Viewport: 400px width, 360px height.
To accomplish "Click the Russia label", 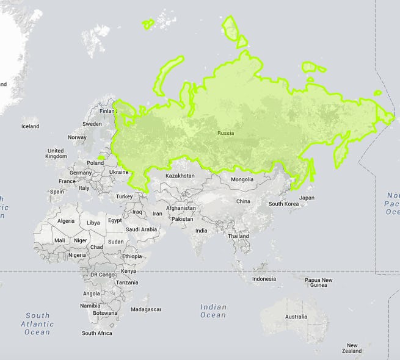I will coord(225,133).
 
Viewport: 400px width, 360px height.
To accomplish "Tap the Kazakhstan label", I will coord(180,176).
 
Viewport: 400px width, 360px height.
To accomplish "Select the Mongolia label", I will coord(242,179).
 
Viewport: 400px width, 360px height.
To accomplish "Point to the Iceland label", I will coord(30,127).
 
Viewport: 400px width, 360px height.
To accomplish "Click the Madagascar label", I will coord(146,309).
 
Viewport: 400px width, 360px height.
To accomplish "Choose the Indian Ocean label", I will coord(213,311).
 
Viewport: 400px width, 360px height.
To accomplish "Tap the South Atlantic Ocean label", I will coord(37,324).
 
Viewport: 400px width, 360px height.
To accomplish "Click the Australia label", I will coord(296,317).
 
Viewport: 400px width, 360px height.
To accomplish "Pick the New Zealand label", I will coord(352,348).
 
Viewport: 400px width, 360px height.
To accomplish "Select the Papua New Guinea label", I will coord(319,283).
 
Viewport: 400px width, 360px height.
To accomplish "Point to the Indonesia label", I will coord(264,279).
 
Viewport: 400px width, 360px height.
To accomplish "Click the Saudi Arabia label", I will coord(142,229).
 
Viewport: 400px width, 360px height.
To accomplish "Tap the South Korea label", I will coord(284,204).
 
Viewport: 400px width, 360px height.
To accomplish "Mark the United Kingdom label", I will coord(56,153).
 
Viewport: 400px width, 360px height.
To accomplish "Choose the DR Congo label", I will coord(103,275).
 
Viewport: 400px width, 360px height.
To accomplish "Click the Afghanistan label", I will coord(181,208).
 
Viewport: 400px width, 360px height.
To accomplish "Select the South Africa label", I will coord(97,333).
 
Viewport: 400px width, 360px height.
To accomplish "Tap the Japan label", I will coord(307,198).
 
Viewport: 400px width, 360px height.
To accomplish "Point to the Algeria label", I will coord(65,221).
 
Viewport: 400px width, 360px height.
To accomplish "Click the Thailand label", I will coord(239,236).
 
